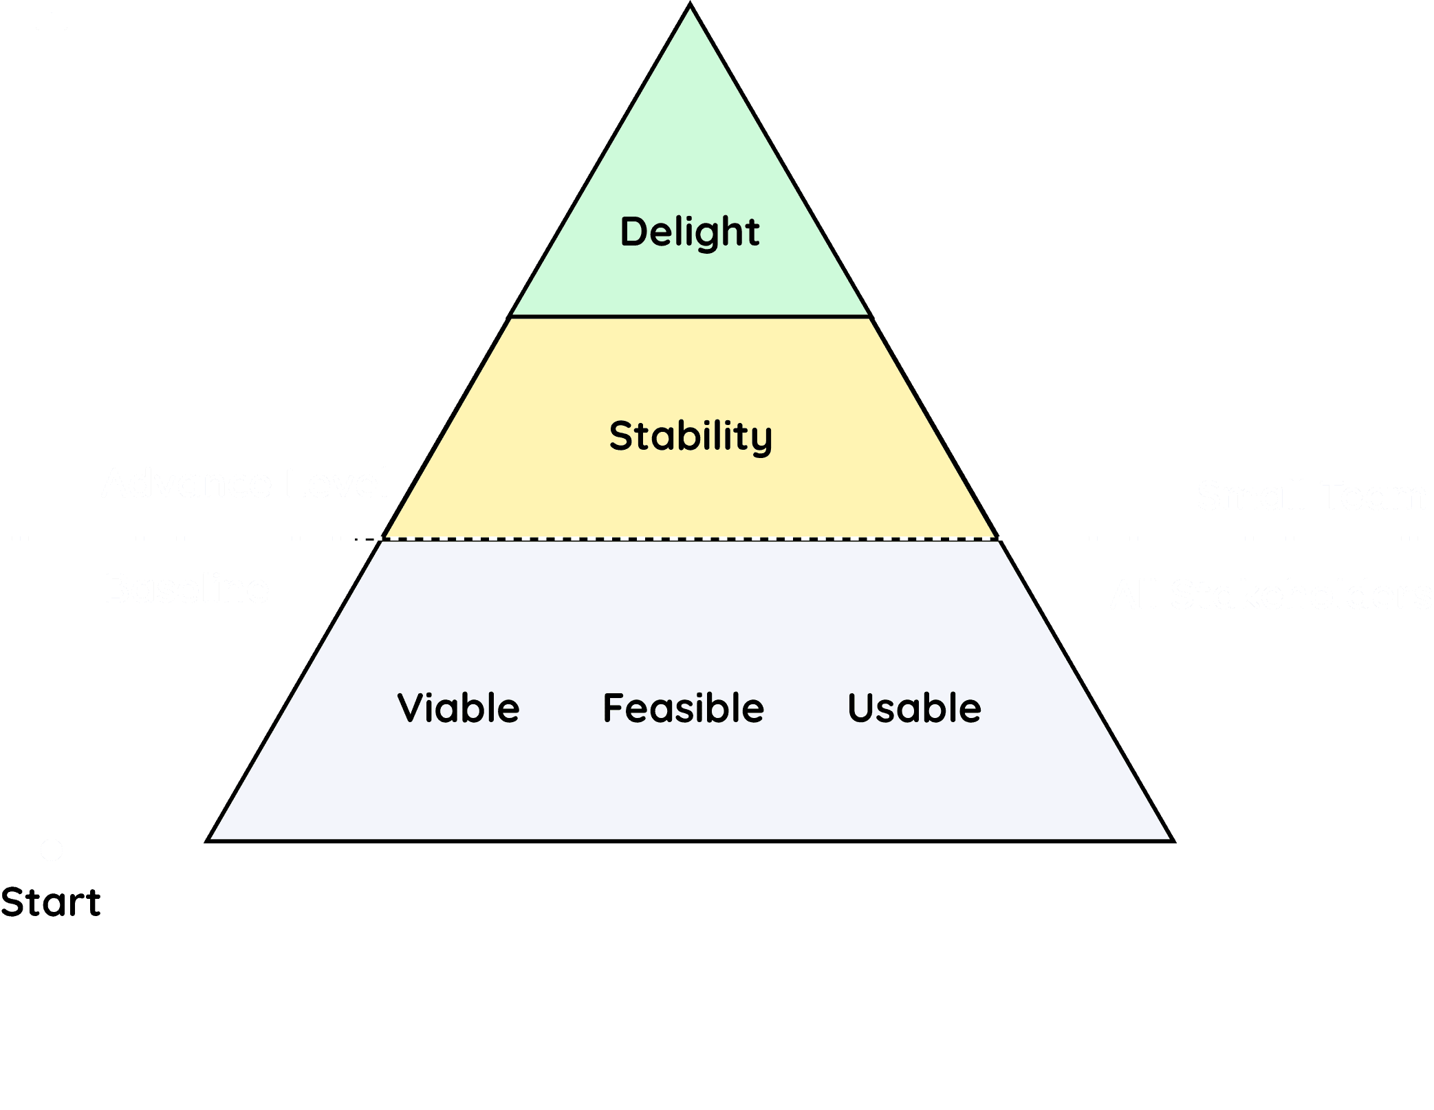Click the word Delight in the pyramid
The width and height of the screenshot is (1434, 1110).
click(x=690, y=232)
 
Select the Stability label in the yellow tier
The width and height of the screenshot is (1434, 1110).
click(x=691, y=436)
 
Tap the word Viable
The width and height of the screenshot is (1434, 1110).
click(x=458, y=708)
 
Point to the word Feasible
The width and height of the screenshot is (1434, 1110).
click(x=683, y=708)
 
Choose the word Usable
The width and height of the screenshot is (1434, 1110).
click(x=914, y=708)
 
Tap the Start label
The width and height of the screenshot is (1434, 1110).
click(x=50, y=902)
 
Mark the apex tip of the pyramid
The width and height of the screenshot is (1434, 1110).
click(x=690, y=6)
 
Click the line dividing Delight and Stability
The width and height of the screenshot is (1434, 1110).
click(x=691, y=316)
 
